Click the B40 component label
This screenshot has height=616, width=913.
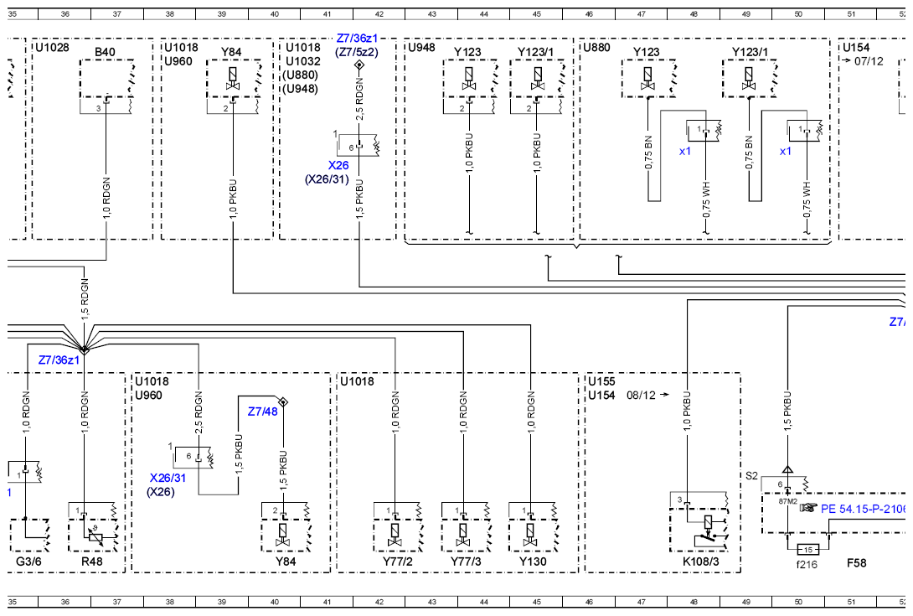pyautogui.click(x=105, y=52)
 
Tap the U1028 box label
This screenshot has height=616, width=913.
pyautogui.click(x=53, y=47)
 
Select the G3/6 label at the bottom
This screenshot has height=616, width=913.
pyautogui.click(x=28, y=562)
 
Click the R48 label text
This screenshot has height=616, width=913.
pyautogui.click(x=92, y=562)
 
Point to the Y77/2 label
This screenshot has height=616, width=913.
pyautogui.click(x=398, y=562)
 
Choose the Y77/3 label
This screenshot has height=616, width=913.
pyautogui.click(x=466, y=562)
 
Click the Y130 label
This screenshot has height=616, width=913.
pyautogui.click(x=533, y=562)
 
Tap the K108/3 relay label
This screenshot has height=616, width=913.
pyautogui.click(x=701, y=562)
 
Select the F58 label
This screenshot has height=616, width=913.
pyautogui.click(x=857, y=563)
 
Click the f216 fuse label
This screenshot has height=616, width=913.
pyautogui.click(x=807, y=564)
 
